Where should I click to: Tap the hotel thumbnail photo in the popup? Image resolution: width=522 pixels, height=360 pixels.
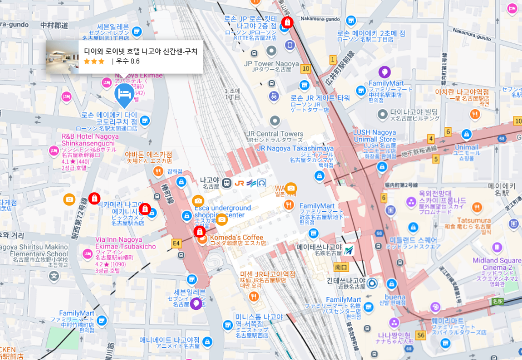tap(63, 56)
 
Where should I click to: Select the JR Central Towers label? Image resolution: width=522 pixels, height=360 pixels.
tap(275, 134)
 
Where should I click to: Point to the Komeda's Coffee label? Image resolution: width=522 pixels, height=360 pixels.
tap(237, 237)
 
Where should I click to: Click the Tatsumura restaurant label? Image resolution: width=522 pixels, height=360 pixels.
tap(475, 220)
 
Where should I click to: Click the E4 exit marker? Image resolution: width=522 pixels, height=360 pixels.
tap(177, 243)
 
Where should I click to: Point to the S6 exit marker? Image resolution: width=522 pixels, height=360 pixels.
tap(421, 335)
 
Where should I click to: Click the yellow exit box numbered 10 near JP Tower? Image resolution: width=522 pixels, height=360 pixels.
tap(305, 69)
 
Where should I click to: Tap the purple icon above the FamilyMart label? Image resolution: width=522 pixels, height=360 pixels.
tap(384, 72)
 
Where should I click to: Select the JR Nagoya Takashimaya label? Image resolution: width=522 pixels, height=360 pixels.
tap(295, 148)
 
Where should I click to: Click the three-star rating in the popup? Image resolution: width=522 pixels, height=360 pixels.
tap(94, 61)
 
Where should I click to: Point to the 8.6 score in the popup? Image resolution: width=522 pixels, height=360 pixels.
tap(135, 61)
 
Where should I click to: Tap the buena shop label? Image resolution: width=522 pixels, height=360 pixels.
tap(395, 297)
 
